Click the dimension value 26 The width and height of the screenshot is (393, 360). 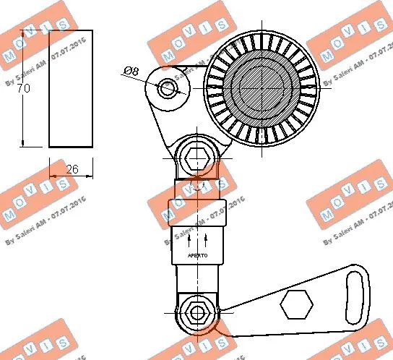click(x=72, y=168)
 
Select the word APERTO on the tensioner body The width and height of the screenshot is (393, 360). click(x=197, y=255)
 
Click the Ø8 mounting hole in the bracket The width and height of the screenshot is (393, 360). click(x=168, y=87)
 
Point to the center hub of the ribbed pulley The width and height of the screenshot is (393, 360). click(x=262, y=88)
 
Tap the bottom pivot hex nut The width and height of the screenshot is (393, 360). click(x=196, y=313)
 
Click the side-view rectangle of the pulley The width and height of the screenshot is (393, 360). click(x=71, y=88)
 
